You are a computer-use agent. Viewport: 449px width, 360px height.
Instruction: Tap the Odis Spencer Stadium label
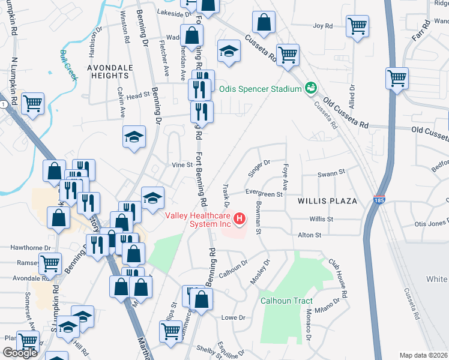259,89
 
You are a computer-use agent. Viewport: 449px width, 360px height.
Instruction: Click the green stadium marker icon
310,88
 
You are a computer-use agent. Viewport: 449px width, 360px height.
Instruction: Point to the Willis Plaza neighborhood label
327,200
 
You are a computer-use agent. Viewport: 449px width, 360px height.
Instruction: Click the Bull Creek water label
69,64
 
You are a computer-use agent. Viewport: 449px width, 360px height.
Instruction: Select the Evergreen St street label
264,194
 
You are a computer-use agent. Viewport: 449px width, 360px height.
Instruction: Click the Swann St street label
332,172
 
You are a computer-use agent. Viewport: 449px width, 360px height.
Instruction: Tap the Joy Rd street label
322,26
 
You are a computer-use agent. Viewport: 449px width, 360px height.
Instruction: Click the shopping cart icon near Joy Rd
357,27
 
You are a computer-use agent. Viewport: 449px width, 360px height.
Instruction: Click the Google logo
20,353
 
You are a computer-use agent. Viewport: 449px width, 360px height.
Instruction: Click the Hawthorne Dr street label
24,247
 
